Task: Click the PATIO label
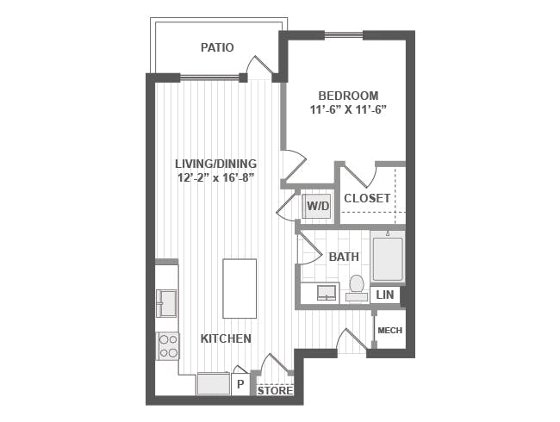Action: pyautogui.click(x=217, y=47)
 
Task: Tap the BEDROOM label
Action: pyautogui.click(x=348, y=96)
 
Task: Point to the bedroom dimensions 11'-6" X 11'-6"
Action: pyautogui.click(x=349, y=109)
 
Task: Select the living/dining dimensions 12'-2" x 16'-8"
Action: pyautogui.click(x=215, y=177)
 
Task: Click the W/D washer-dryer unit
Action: pyautogui.click(x=318, y=206)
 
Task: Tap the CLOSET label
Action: pyautogui.click(x=367, y=198)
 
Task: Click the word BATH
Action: pyautogui.click(x=344, y=257)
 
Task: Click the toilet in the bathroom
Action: pyautogui.click(x=357, y=288)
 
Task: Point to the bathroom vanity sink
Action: pyautogui.click(x=327, y=292)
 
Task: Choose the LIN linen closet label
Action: pyautogui.click(x=385, y=295)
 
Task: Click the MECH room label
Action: pyautogui.click(x=389, y=330)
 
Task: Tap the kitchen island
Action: pyautogui.click(x=240, y=289)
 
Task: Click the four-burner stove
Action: pyautogui.click(x=169, y=346)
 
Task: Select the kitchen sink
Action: pyautogui.click(x=166, y=303)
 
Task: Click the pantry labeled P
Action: pyautogui.click(x=240, y=384)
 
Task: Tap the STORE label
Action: pyautogui.click(x=275, y=391)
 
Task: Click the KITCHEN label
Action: pyautogui.click(x=226, y=338)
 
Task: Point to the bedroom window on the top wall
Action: pyautogui.click(x=344, y=35)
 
